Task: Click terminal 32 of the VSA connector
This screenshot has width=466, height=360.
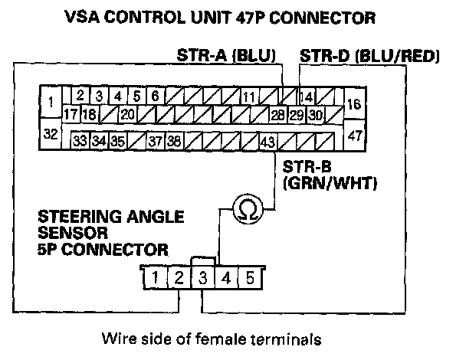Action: click(x=51, y=134)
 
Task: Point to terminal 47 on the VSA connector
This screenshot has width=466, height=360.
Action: click(x=354, y=135)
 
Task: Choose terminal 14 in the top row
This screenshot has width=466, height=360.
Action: click(x=306, y=97)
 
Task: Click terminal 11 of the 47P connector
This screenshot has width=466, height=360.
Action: click(x=248, y=97)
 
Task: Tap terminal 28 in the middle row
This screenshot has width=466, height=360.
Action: click(x=278, y=115)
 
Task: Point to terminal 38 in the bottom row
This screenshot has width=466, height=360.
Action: click(x=174, y=141)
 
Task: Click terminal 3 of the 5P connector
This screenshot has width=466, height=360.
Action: click(x=203, y=277)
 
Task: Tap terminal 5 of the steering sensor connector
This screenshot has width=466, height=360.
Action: click(x=250, y=277)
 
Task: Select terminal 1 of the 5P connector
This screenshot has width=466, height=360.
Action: click(x=156, y=277)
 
